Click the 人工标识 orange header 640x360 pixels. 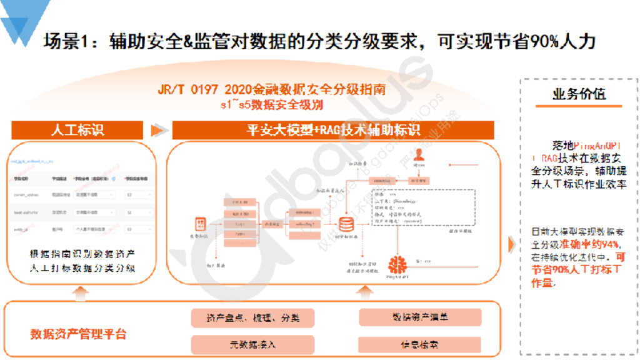[x=77, y=130]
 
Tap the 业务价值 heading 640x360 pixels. [x=578, y=94]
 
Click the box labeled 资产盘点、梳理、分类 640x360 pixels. [x=252, y=317]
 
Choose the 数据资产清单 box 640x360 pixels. [x=420, y=317]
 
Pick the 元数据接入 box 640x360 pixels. [x=252, y=344]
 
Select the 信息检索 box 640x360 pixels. [x=420, y=344]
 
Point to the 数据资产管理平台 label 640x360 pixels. [x=78, y=334]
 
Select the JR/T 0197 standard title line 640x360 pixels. [x=271, y=89]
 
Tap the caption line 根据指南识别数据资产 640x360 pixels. [x=82, y=255]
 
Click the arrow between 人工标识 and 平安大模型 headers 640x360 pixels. [x=159, y=130]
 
